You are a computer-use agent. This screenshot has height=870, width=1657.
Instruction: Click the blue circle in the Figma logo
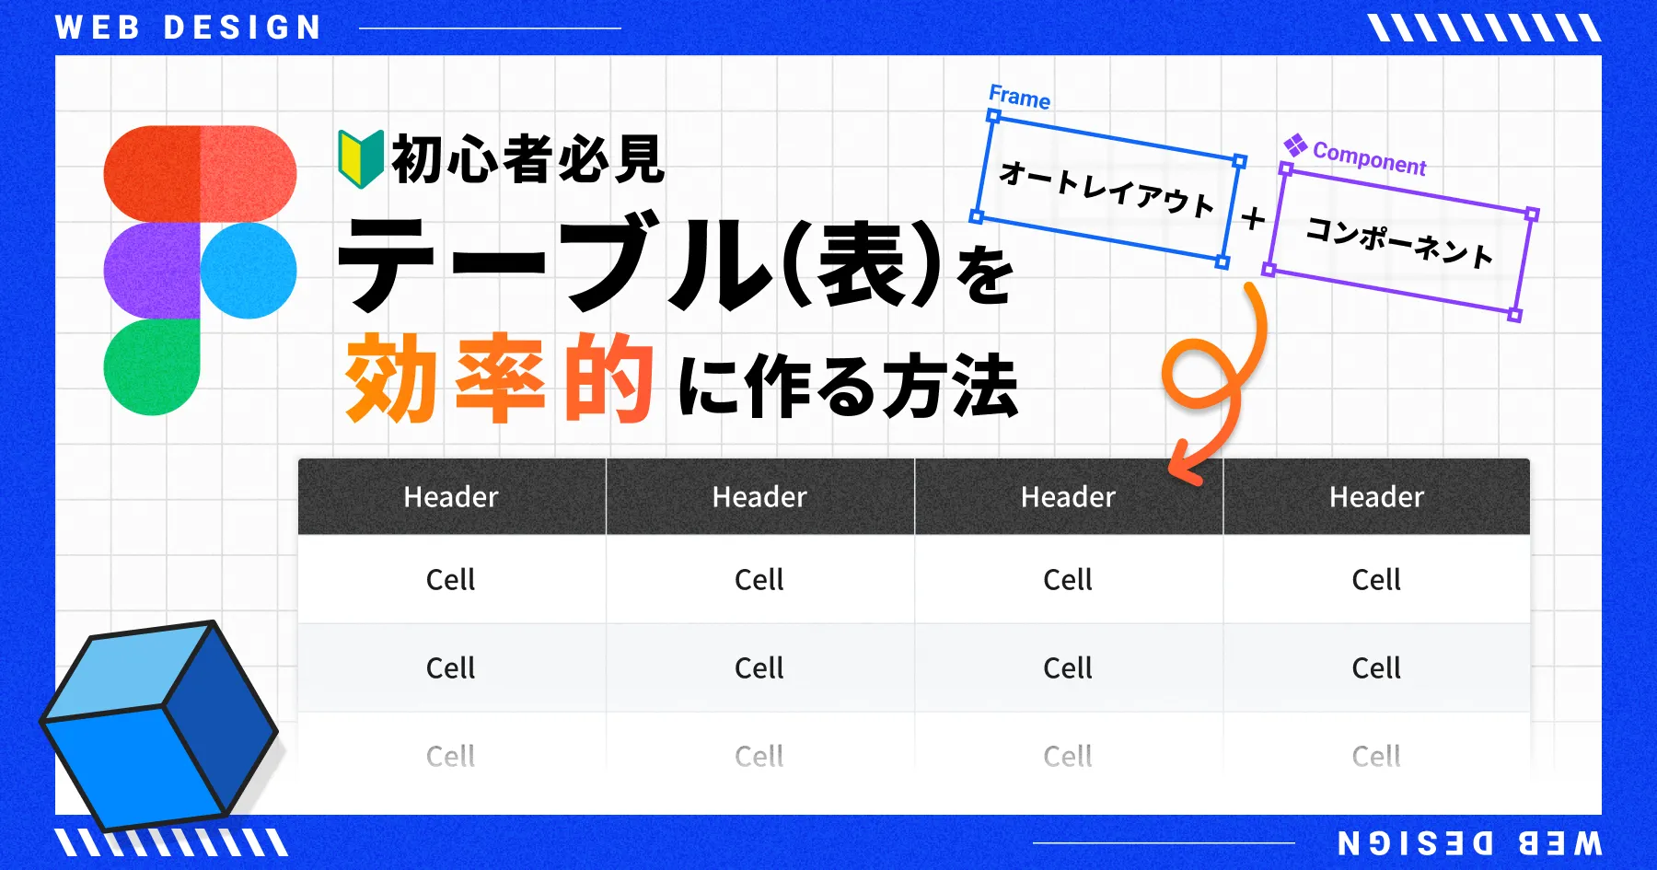click(249, 270)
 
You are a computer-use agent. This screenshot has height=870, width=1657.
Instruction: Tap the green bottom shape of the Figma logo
click(151, 366)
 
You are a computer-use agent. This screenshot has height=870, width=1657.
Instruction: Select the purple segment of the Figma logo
click(151, 270)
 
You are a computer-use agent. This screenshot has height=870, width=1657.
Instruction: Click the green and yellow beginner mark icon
click(360, 159)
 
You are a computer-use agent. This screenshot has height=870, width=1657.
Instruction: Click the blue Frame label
click(1019, 97)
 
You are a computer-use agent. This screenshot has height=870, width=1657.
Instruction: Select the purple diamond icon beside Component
click(1295, 145)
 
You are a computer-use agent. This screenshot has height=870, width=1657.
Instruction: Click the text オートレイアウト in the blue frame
click(1107, 189)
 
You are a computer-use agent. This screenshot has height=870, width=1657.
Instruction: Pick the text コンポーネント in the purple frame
click(1399, 243)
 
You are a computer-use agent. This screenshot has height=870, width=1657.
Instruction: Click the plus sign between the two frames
click(1253, 219)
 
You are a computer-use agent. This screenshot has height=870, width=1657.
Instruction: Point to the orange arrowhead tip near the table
click(1174, 468)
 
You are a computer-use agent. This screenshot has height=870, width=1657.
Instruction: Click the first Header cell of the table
click(451, 497)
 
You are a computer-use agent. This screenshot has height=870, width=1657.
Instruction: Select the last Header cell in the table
click(1376, 497)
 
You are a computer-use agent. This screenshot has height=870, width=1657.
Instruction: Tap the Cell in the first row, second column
click(759, 580)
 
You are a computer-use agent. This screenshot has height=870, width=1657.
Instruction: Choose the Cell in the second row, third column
click(1068, 668)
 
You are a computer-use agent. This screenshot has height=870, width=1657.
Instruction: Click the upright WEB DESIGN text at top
click(189, 28)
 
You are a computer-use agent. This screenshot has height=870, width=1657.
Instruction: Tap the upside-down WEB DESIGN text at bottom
click(1469, 842)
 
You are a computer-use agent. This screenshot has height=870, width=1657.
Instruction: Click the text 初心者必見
click(527, 159)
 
